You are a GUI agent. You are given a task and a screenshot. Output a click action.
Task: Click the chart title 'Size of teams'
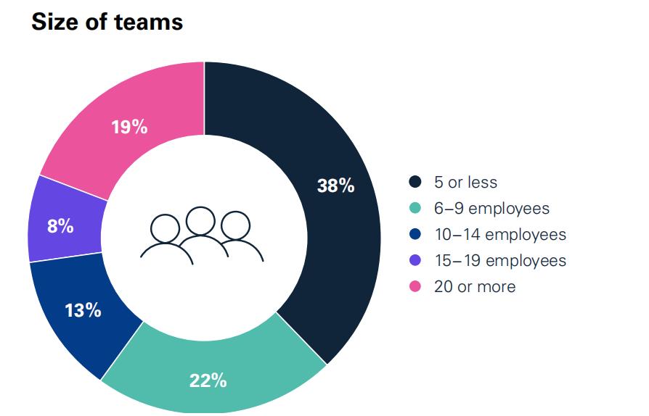point(107,22)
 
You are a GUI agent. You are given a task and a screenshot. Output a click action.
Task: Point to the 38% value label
point(335,186)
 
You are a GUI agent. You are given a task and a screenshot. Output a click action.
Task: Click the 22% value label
point(208,380)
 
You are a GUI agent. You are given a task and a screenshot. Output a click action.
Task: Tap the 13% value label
point(83,311)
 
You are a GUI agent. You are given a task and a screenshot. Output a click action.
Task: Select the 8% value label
point(60,226)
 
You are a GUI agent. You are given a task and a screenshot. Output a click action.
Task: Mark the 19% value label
point(129,128)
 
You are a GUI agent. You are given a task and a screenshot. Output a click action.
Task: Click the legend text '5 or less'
point(465,183)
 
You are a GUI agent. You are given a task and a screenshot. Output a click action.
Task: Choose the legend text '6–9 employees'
point(491,209)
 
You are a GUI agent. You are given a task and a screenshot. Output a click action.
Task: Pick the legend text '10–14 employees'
point(500,234)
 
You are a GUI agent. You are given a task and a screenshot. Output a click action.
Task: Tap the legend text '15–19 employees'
point(500,260)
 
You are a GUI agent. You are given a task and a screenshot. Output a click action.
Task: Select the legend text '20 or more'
point(475,286)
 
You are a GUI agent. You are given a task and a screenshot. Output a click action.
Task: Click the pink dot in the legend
point(415,286)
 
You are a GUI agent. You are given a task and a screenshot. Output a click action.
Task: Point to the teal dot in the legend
point(415,209)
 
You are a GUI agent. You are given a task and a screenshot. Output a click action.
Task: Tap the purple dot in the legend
point(415,260)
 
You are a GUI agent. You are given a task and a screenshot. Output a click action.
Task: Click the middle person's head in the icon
point(200,220)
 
